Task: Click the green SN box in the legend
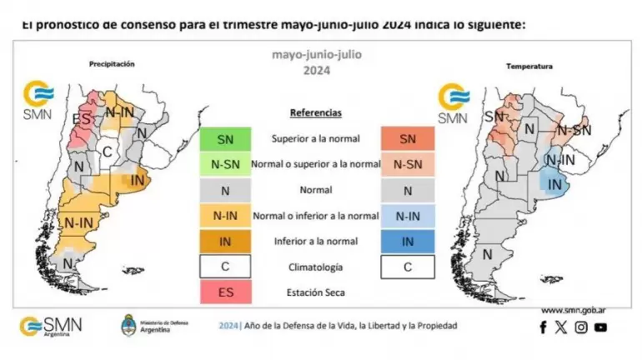(x=225, y=139)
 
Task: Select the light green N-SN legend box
(x=225, y=164)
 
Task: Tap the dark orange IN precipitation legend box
(x=225, y=241)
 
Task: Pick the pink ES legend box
(x=225, y=292)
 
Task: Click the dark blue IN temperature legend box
(x=407, y=241)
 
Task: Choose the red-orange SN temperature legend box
(x=407, y=139)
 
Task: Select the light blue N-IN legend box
(x=407, y=216)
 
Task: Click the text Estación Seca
(x=315, y=292)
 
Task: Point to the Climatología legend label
(x=315, y=267)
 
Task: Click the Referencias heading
(x=315, y=112)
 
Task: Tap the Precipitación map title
(x=112, y=63)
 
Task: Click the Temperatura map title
(x=529, y=66)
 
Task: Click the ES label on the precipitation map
(x=81, y=118)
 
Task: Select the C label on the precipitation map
(x=107, y=151)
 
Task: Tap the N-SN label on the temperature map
(x=574, y=130)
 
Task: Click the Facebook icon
(x=544, y=327)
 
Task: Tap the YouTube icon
(x=600, y=327)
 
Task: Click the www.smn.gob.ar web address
(x=573, y=310)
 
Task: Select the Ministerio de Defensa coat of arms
(x=129, y=325)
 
